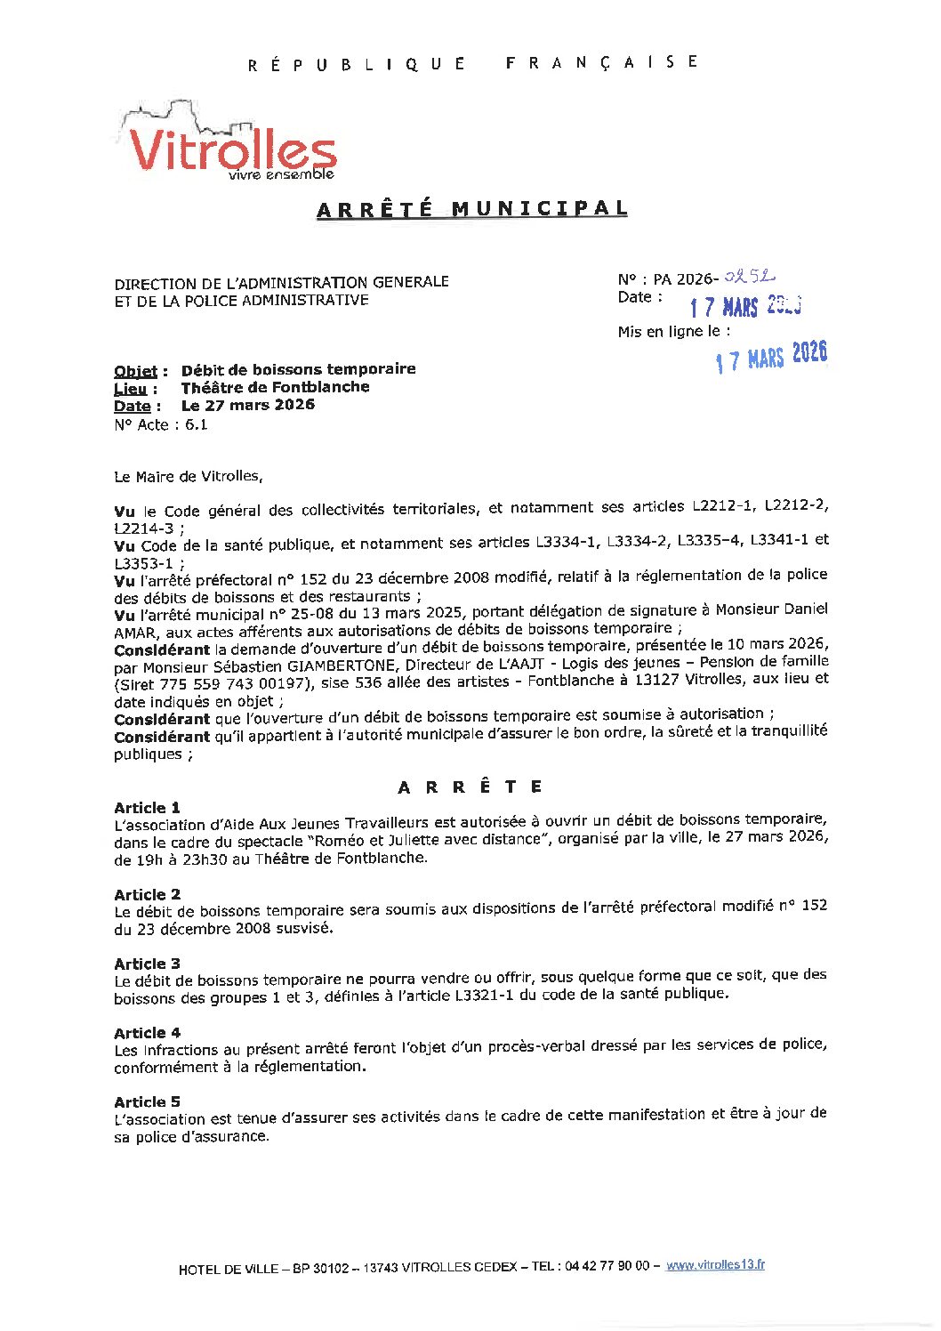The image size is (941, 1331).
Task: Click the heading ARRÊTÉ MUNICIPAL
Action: (472, 209)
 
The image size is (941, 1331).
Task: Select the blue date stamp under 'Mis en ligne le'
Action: (771, 357)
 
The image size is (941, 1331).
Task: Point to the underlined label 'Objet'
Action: (135, 371)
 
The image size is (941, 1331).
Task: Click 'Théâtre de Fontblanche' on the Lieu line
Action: (275, 387)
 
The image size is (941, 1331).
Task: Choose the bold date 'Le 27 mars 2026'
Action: (247, 405)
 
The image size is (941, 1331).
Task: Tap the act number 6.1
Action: (196, 424)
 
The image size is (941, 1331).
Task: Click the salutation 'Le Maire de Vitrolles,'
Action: (189, 476)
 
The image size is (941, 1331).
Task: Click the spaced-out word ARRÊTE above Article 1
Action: (471, 787)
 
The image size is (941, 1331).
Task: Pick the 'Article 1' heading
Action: (147, 808)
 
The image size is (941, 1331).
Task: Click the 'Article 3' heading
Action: (147, 964)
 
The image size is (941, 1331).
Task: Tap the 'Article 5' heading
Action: (147, 1101)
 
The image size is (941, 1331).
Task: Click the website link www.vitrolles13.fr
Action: (715, 1265)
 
